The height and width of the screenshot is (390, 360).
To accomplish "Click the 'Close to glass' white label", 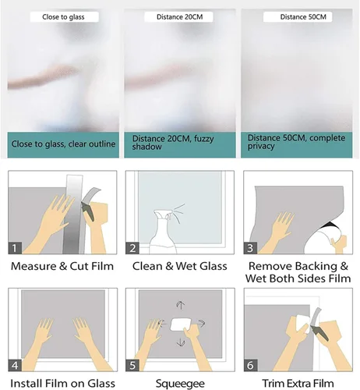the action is (x=64, y=17).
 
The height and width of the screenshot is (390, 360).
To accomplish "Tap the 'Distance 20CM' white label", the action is (x=178, y=17).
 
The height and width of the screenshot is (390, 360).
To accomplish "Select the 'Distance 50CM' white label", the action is (x=298, y=17).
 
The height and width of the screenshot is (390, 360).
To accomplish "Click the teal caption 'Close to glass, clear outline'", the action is (x=63, y=144).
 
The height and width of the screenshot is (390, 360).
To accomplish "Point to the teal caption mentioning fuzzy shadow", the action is (x=180, y=144).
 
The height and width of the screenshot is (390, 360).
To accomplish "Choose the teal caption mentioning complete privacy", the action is (x=297, y=144).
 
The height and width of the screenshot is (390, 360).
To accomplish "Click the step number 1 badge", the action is (x=15, y=248).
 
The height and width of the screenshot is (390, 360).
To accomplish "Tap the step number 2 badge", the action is (x=132, y=248).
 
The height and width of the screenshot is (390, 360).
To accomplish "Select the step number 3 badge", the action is (x=250, y=248).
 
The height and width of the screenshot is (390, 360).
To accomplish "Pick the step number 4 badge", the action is (x=15, y=365).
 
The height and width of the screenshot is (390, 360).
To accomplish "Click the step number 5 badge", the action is (x=132, y=365).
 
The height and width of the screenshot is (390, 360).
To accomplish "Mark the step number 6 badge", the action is (x=250, y=365).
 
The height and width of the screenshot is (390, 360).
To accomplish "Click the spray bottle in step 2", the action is (x=163, y=232).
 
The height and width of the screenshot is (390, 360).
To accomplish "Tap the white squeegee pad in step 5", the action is (x=180, y=324).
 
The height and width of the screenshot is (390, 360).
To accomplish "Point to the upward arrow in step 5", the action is (x=181, y=305).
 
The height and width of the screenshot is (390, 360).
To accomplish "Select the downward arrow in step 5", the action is (x=181, y=342).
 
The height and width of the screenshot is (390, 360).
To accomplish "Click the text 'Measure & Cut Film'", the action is (x=62, y=266).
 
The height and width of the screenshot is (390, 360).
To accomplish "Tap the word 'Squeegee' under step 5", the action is (x=180, y=384).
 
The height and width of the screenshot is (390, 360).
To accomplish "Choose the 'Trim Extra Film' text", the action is (x=298, y=384).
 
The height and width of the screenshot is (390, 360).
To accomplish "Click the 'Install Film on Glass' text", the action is (x=62, y=384).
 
